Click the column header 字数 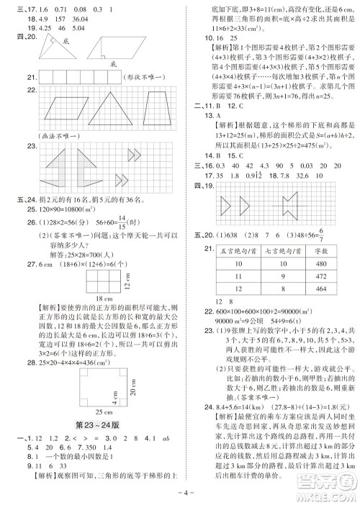coord(320,251)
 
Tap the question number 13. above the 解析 coord(209,114)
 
